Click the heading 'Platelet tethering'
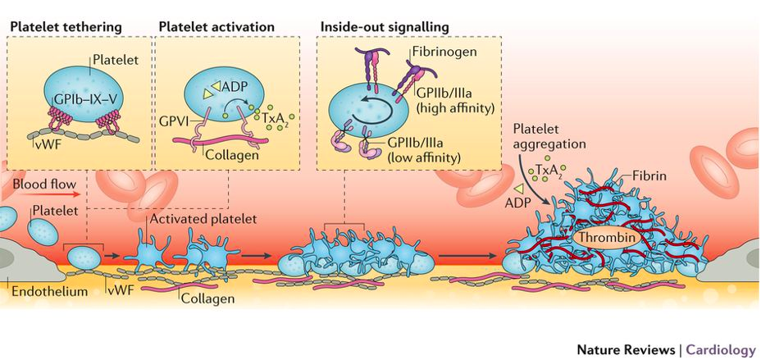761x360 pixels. point(65,27)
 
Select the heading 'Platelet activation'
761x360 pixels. point(216,27)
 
